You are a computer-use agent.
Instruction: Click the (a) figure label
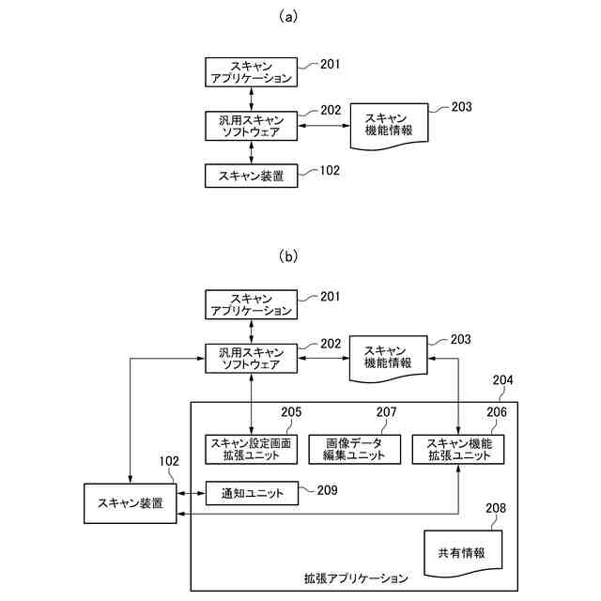(x=288, y=16)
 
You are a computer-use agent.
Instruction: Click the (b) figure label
(x=288, y=255)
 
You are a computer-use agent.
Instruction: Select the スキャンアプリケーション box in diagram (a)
(x=251, y=72)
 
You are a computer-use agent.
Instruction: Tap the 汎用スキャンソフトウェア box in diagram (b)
(x=251, y=358)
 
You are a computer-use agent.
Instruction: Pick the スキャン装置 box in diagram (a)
(x=251, y=175)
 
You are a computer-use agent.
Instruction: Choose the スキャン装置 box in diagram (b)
(x=131, y=503)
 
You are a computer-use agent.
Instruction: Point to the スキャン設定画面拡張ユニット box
(x=251, y=449)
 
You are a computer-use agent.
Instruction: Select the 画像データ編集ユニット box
(x=354, y=449)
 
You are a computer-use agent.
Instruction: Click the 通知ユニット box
(x=251, y=492)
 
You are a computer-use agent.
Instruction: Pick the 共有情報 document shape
(x=460, y=552)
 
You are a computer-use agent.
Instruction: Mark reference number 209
(x=327, y=489)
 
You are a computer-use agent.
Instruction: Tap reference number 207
(x=386, y=412)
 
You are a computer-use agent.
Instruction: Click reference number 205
(x=291, y=412)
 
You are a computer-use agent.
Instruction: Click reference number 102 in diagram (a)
(x=329, y=171)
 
